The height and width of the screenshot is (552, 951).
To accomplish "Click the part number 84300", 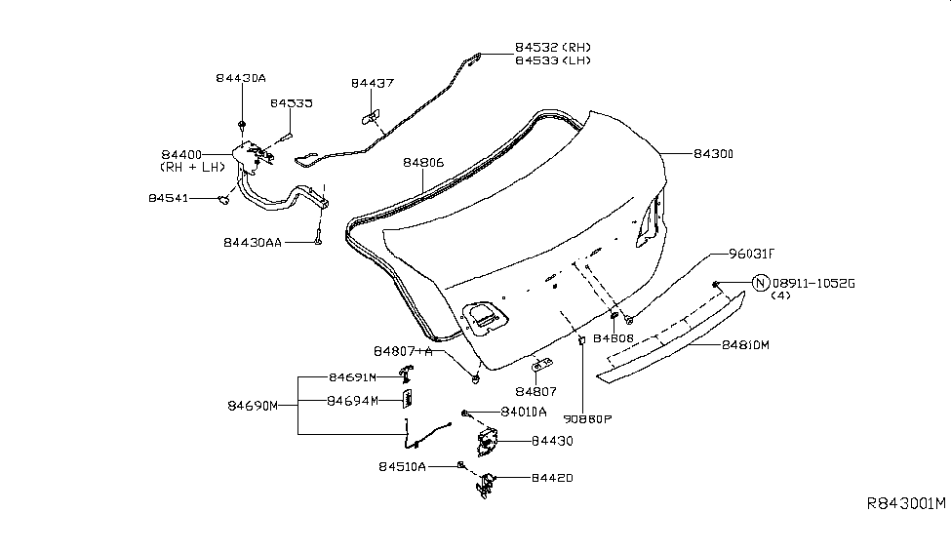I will [x=714, y=154].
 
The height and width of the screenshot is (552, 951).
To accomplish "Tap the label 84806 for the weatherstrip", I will [x=423, y=164].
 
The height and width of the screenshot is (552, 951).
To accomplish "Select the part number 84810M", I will [x=746, y=344].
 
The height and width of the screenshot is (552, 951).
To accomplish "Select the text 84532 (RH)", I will [x=552, y=47].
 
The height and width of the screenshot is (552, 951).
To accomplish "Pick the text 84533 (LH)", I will [x=552, y=60].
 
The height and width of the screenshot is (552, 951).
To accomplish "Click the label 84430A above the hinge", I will [x=240, y=77].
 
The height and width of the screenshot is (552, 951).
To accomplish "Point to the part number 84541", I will [x=169, y=198].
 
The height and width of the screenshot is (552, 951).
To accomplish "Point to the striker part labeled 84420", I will [x=485, y=484].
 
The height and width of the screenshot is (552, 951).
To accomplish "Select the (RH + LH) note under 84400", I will [x=192, y=167].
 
